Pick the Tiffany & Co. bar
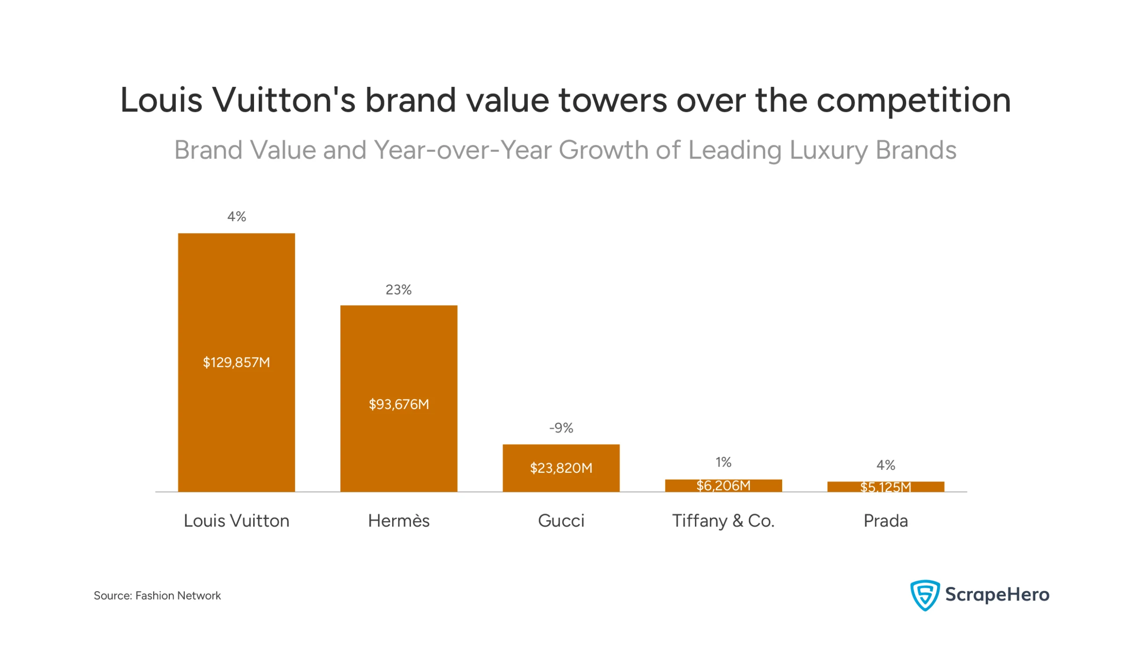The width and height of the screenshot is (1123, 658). click(723, 485)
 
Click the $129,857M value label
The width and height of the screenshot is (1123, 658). click(236, 362)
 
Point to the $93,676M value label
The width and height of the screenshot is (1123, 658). click(398, 404)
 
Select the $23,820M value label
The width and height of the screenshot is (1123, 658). click(561, 468)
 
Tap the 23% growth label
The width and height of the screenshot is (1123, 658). click(398, 290)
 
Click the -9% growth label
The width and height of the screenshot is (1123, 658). click(561, 428)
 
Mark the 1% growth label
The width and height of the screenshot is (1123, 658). click(723, 462)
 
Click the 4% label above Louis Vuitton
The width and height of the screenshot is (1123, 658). click(236, 217)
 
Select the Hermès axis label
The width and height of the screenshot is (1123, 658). click(398, 521)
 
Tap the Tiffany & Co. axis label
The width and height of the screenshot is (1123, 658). click(723, 521)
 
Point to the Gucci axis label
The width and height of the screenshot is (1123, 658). click(561, 521)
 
